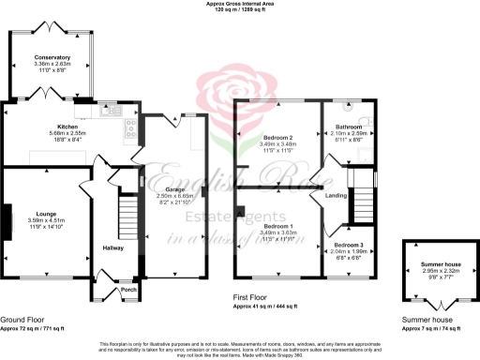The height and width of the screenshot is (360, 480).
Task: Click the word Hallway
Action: [113, 248]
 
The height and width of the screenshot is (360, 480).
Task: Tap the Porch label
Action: [128, 290]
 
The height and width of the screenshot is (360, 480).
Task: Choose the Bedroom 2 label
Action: [279, 138]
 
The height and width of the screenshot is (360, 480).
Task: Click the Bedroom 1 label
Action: [278, 226]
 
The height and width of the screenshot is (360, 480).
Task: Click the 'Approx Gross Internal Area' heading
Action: [240, 5]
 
